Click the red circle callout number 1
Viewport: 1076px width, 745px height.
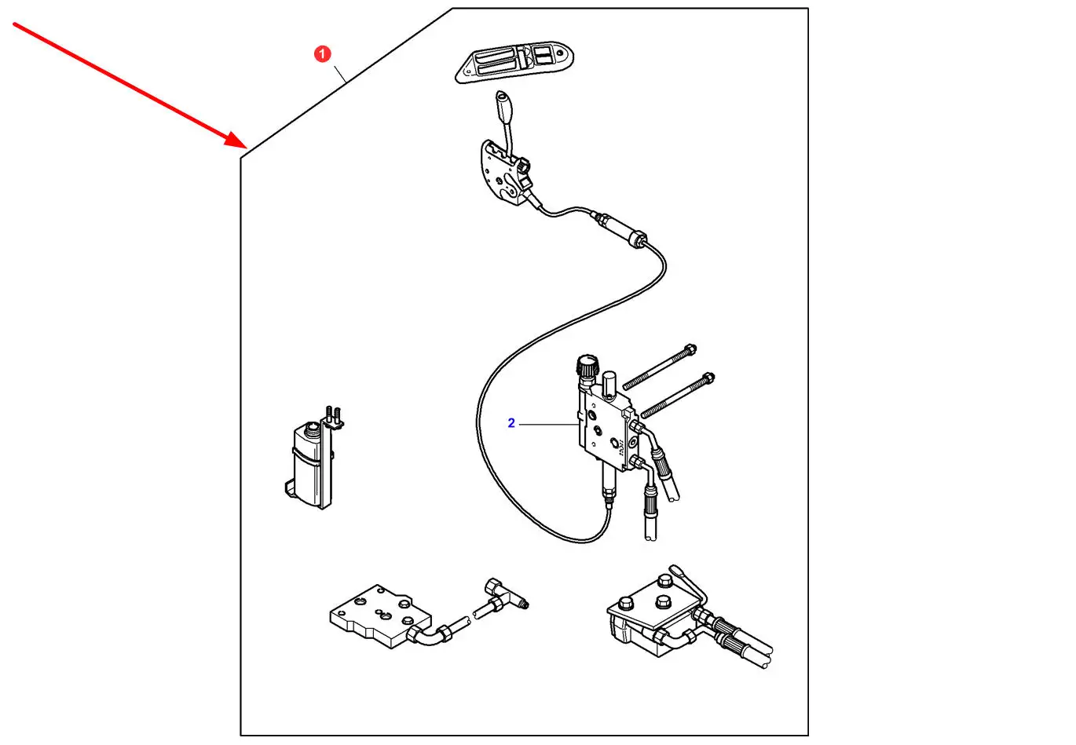coord(322,54)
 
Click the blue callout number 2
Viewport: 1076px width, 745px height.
coord(511,423)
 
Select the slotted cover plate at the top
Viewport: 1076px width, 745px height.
coord(515,62)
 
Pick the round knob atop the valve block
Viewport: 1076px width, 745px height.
coord(586,366)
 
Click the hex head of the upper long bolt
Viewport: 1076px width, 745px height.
coord(690,349)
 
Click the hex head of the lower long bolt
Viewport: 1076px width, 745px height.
coord(708,378)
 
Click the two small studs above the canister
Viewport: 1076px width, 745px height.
coord(333,413)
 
